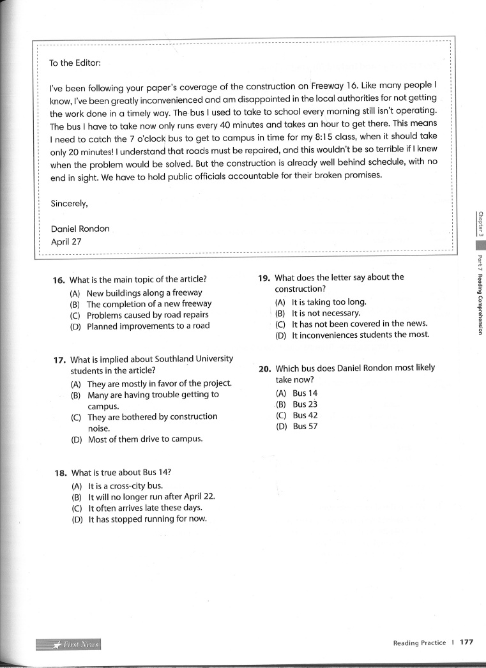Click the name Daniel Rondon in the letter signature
pyautogui.click(x=80, y=229)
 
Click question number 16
pyautogui.click(x=59, y=280)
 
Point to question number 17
pyautogui.click(x=60, y=360)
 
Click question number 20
pyautogui.click(x=265, y=368)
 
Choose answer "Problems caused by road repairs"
pyautogui.click(x=148, y=315)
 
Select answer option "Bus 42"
pyautogui.click(x=305, y=415)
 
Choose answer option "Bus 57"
pyautogui.click(x=305, y=427)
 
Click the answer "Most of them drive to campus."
pyautogui.click(x=145, y=439)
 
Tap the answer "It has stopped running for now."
pyautogui.click(x=148, y=519)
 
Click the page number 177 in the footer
pyautogui.click(x=466, y=642)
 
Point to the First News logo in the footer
pyautogui.click(x=70, y=644)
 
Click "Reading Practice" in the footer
pyautogui.click(x=420, y=643)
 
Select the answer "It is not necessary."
pyautogui.click(x=326, y=313)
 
